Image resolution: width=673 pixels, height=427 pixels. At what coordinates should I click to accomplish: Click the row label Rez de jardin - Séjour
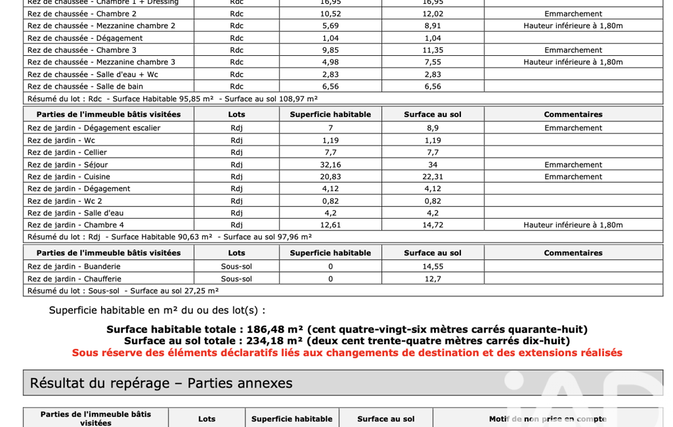[68, 165]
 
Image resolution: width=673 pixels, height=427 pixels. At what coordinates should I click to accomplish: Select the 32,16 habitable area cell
[330, 165]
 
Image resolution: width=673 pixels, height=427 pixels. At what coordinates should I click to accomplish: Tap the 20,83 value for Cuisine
[330, 177]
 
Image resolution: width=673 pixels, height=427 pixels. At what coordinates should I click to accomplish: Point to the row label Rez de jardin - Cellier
[67, 152]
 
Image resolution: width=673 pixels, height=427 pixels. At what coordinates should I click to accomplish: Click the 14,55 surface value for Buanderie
[433, 267]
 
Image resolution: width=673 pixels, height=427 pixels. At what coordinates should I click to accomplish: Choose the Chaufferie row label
[74, 279]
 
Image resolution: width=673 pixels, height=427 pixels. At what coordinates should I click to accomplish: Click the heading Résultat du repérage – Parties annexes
[161, 383]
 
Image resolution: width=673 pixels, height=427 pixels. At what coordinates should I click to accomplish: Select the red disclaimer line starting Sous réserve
[347, 353]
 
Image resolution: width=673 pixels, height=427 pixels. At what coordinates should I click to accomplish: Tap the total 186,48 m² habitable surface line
[347, 329]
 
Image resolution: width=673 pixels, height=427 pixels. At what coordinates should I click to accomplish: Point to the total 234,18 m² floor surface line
[347, 341]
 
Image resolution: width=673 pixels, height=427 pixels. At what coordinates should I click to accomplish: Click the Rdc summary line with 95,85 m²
[172, 99]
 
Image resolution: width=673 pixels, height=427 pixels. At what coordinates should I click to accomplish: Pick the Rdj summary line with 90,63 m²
[169, 237]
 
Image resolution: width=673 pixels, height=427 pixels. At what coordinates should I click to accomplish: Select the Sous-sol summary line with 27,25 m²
[123, 290]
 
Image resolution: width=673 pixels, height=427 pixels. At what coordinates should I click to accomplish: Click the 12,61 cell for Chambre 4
[330, 225]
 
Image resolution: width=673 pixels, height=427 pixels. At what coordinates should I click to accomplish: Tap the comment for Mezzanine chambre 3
[573, 62]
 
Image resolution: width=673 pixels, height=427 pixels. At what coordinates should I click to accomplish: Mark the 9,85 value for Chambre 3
[330, 50]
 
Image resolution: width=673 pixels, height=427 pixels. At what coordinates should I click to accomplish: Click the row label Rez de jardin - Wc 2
[64, 201]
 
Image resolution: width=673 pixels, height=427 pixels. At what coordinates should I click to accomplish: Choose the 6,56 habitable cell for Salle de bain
[330, 86]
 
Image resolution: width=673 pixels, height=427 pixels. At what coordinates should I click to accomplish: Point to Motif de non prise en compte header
[548, 419]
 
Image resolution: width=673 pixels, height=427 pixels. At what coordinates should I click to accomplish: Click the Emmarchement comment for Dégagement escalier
[573, 128]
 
